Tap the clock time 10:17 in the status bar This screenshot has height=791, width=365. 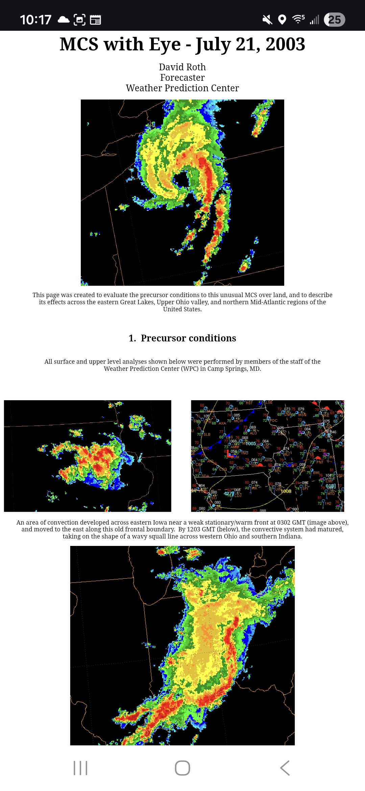pyautogui.click(x=35, y=20)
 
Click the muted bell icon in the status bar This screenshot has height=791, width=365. pyautogui.click(x=267, y=20)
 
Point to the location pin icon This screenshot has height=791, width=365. pyautogui.click(x=282, y=20)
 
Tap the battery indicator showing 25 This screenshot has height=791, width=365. pyautogui.click(x=334, y=20)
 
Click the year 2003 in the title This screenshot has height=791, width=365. pyautogui.click(x=285, y=44)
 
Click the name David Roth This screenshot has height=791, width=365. pyautogui.click(x=182, y=67)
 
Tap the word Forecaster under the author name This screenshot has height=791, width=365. pyautogui.click(x=182, y=77)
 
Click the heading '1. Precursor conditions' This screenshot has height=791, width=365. pyautogui.click(x=182, y=338)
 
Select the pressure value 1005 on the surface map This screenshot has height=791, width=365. pyautogui.click(x=251, y=444)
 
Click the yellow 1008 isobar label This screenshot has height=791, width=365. pyautogui.click(x=286, y=491)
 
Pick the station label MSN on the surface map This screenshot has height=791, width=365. pyautogui.click(x=302, y=414)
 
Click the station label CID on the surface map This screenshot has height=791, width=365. pyautogui.click(x=266, y=447)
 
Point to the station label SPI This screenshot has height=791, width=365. pyautogui.click(x=305, y=488)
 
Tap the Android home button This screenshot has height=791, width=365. pyautogui.click(x=182, y=768)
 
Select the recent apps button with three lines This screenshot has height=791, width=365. pyautogui.click(x=80, y=768)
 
